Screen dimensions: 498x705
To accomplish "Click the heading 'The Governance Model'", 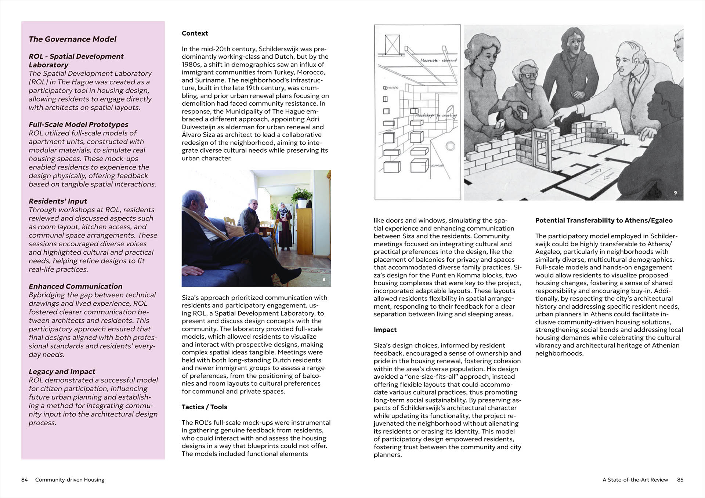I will pyautogui.click(x=72, y=39).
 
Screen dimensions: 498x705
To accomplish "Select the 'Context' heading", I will pyautogui.click(x=195, y=33).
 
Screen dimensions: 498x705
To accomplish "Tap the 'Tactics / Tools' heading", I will pyautogui.click(x=204, y=407).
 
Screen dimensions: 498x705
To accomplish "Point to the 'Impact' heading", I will pyautogui.click(x=385, y=330).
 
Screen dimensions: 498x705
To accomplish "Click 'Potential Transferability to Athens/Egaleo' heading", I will pyautogui.click(x=604, y=220).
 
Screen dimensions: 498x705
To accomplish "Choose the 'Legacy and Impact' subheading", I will pyautogui.click(x=62, y=371).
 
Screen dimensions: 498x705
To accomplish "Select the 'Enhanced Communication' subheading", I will pyautogui.click(x=75, y=286).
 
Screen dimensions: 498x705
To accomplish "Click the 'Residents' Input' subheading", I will pyautogui.click(x=58, y=201).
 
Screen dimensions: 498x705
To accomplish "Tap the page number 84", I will pyautogui.click(x=25, y=480).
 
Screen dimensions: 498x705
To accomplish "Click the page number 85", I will pyautogui.click(x=680, y=480).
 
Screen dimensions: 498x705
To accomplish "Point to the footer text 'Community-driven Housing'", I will pyautogui.click(x=70, y=480).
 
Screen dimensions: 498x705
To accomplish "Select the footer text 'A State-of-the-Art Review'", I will pyautogui.click(x=635, y=480).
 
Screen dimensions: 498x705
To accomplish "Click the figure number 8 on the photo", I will pyautogui.click(x=323, y=280).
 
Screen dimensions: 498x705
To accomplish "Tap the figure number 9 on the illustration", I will pyautogui.click(x=675, y=193).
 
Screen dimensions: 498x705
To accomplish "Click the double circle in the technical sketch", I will pyautogui.click(x=450, y=146).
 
